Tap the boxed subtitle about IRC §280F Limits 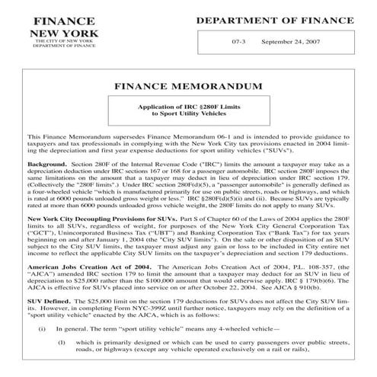(x=189, y=111)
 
